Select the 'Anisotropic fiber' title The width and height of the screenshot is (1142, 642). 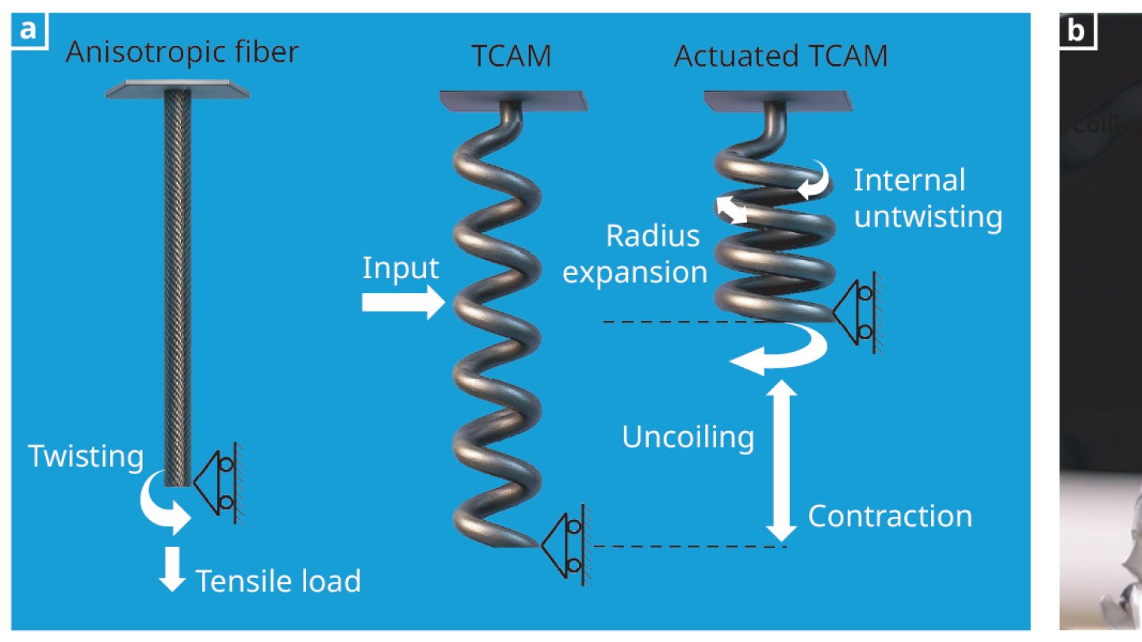pyautogui.click(x=182, y=53)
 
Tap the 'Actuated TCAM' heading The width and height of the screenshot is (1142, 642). pyautogui.click(x=780, y=57)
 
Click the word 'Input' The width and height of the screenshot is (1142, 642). pyautogui.click(x=400, y=269)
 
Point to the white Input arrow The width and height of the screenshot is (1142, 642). pyautogui.click(x=400, y=302)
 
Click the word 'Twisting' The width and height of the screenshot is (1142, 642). pyautogui.click(x=86, y=457)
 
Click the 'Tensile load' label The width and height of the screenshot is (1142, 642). pyautogui.click(x=278, y=581)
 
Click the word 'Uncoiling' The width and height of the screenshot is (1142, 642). pyautogui.click(x=688, y=438)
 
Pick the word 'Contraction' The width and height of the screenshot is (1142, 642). pyautogui.click(x=890, y=516)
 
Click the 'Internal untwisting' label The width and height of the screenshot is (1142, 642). pyautogui.click(x=927, y=198)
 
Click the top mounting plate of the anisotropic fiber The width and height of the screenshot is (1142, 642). pyautogui.click(x=178, y=90)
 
